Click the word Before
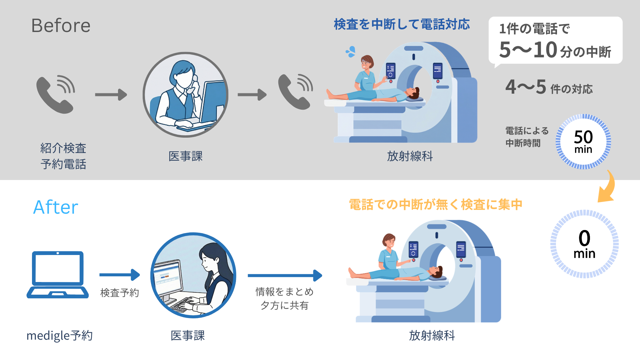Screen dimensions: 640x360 61,26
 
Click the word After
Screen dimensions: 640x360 56,207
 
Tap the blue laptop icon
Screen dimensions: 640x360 58,275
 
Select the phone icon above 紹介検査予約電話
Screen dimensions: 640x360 55,94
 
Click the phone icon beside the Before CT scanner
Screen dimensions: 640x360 295,92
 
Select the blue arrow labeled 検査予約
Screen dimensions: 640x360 120,275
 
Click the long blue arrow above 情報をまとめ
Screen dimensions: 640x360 285,276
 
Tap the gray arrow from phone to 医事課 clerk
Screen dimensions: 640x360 111,95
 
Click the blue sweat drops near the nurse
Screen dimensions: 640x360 351,52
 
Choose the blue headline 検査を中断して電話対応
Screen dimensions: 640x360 402,24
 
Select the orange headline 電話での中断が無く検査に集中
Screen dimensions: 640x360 436,205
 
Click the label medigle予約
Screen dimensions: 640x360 60,336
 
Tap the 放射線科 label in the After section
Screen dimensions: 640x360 432,335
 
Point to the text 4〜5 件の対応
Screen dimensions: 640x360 549,87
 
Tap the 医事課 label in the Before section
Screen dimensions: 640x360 186,156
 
